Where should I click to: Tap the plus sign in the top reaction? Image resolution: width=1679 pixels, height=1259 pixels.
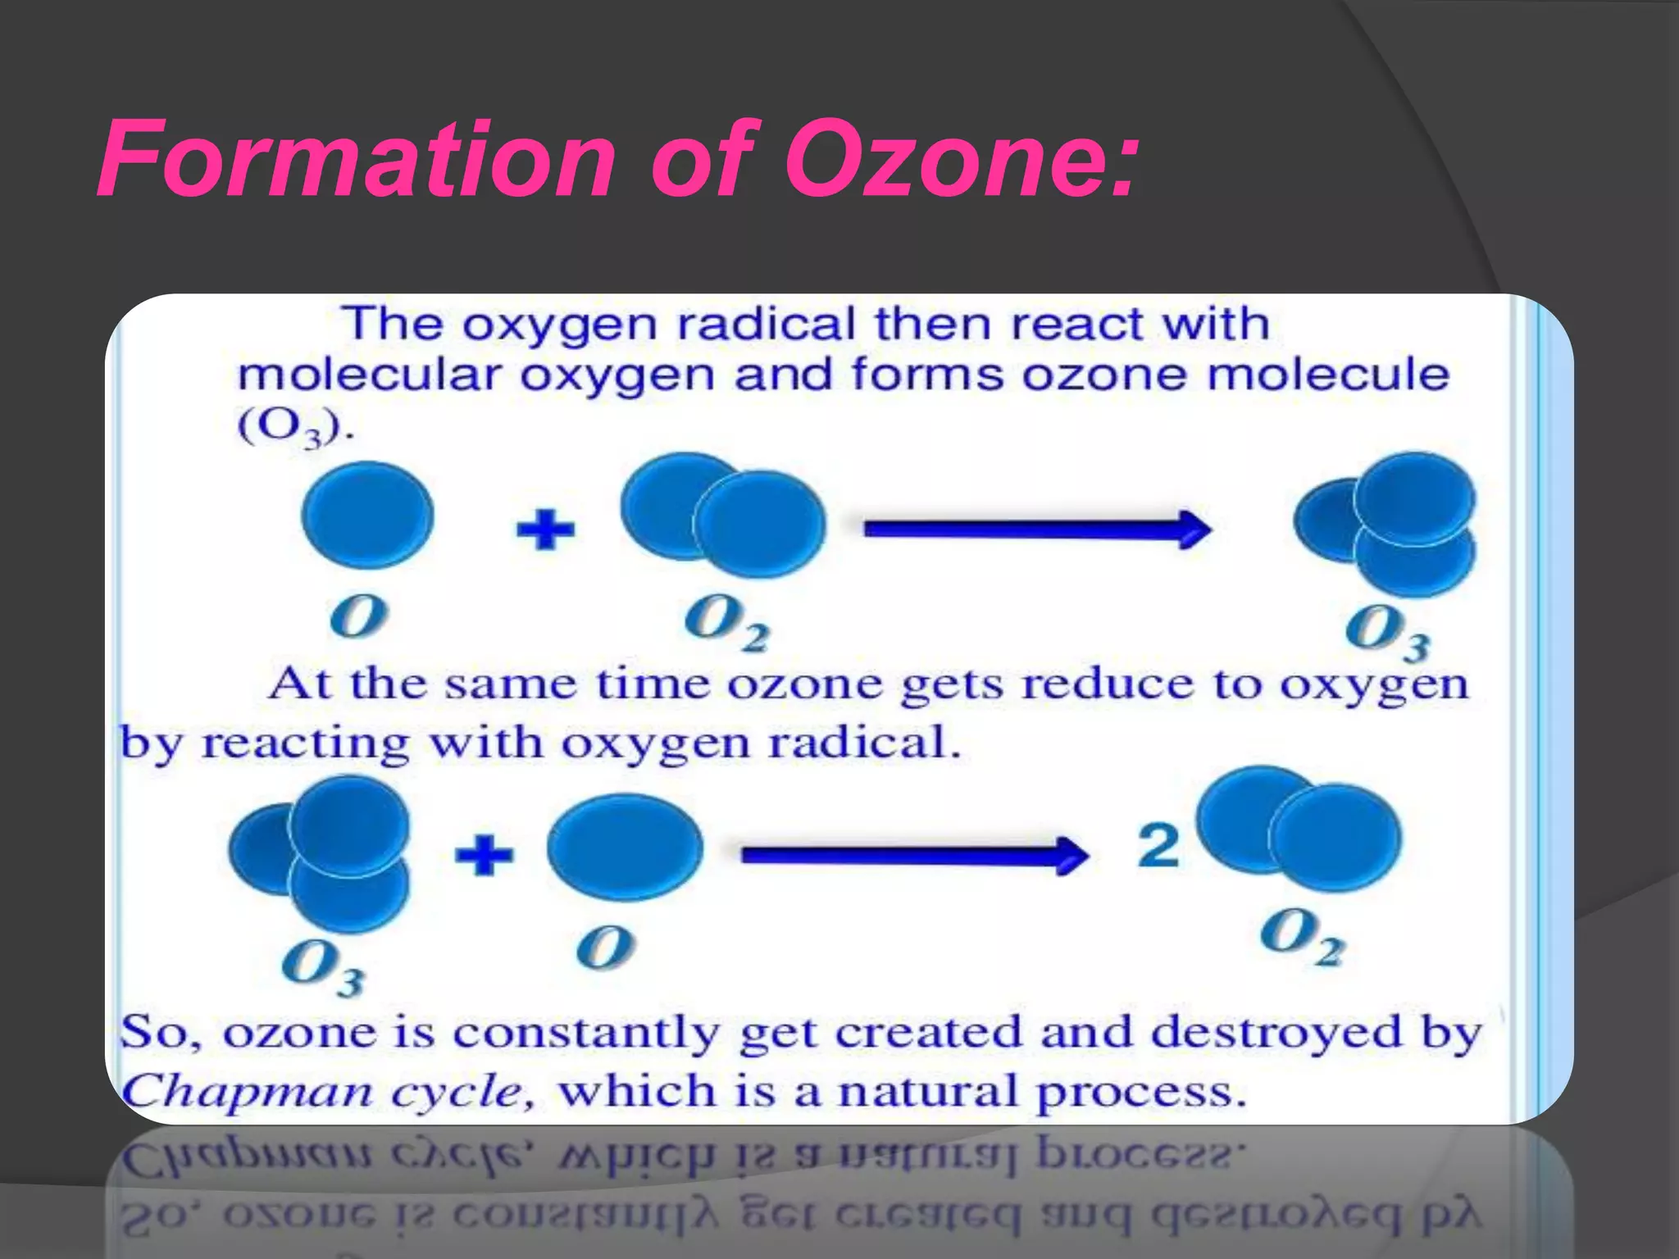[545, 529]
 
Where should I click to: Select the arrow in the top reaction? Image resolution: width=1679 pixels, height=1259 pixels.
[1037, 529]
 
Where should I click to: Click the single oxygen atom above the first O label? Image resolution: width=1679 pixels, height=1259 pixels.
[367, 515]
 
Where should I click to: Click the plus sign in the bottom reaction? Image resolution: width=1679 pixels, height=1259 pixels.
[484, 854]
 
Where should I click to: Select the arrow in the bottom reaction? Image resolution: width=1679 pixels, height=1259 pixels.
[914, 855]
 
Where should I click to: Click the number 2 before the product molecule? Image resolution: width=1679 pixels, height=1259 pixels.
[1158, 846]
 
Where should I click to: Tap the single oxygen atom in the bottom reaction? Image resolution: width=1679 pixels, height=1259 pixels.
[625, 848]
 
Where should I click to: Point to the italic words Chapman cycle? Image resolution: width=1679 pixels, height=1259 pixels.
[328, 1092]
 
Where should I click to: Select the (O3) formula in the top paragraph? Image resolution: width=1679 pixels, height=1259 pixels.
[295, 427]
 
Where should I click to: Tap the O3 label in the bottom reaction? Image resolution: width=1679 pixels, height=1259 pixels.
[323, 967]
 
